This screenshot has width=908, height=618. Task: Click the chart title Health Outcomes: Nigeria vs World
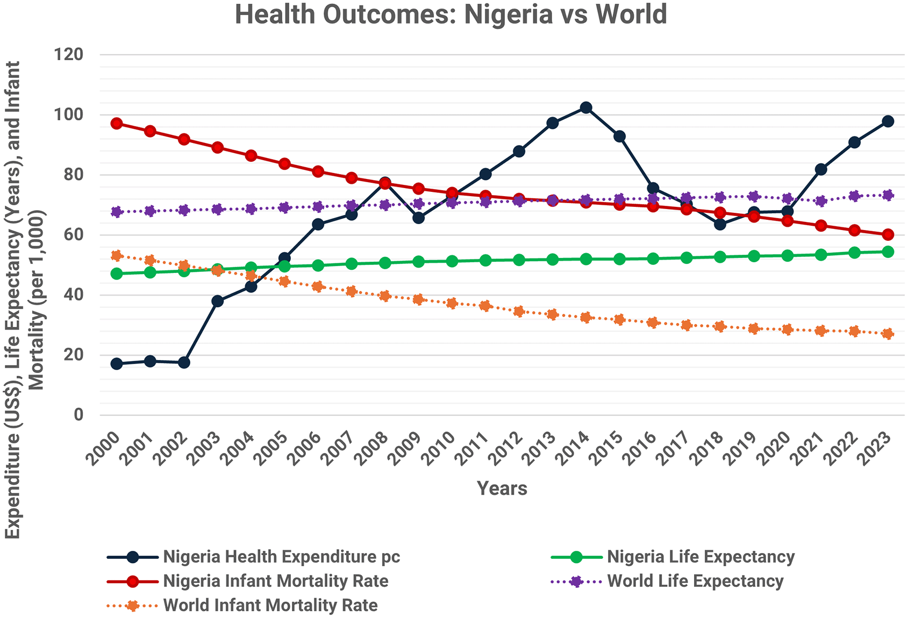click(x=451, y=15)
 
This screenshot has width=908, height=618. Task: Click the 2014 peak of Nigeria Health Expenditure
click(x=586, y=107)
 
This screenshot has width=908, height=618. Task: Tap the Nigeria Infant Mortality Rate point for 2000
click(x=117, y=124)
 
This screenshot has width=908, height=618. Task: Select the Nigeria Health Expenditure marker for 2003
click(x=217, y=301)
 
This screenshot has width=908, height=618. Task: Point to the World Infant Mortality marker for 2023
click(x=888, y=334)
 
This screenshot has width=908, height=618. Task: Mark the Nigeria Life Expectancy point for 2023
click(x=888, y=251)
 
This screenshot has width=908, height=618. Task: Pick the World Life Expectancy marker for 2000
click(x=117, y=212)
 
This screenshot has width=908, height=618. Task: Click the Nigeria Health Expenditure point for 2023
click(x=888, y=121)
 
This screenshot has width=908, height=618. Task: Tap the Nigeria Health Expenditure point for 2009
click(x=418, y=218)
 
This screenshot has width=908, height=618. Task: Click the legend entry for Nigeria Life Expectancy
click(x=700, y=557)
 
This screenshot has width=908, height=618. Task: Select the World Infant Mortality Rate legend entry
click(x=270, y=605)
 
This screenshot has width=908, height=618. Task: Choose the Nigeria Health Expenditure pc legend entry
click(x=281, y=557)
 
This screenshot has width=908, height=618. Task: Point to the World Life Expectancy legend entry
click(x=695, y=581)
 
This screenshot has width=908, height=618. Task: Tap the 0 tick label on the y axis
click(x=78, y=414)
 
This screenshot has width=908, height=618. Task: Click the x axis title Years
click(x=502, y=488)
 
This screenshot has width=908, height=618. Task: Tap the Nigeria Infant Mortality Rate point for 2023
click(x=888, y=234)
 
